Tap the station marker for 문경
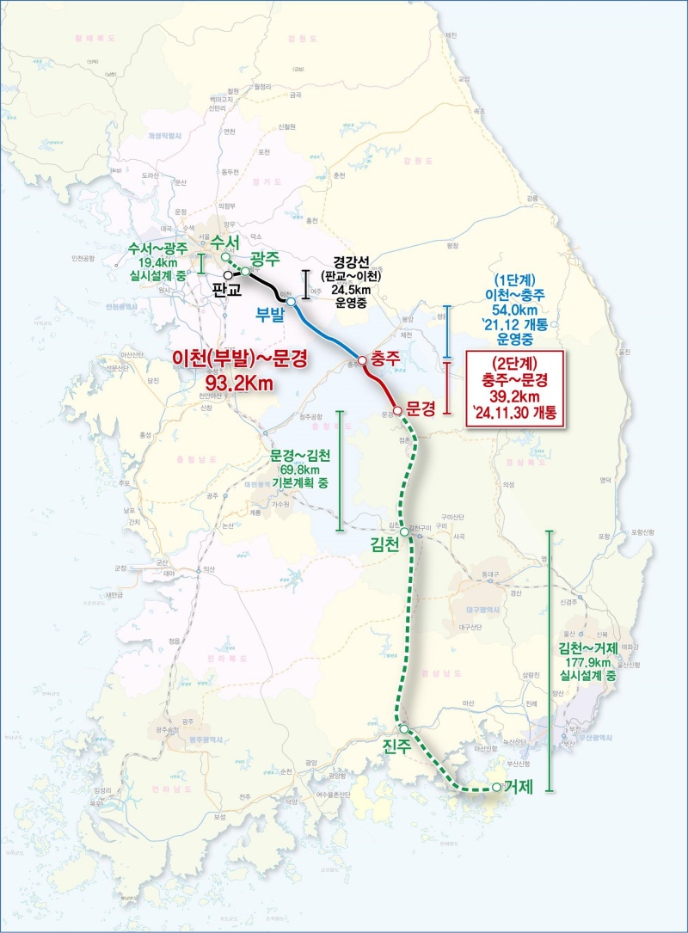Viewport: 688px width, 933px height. (x=397, y=410)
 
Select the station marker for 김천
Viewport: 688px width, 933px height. (x=403, y=533)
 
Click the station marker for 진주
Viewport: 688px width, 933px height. (x=404, y=729)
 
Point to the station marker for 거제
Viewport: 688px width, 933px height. (x=496, y=787)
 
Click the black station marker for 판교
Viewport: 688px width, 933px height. (x=229, y=274)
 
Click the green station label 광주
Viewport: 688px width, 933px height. (x=267, y=257)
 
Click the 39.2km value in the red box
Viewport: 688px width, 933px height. (x=513, y=396)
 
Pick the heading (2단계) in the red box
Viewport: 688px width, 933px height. (x=513, y=362)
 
